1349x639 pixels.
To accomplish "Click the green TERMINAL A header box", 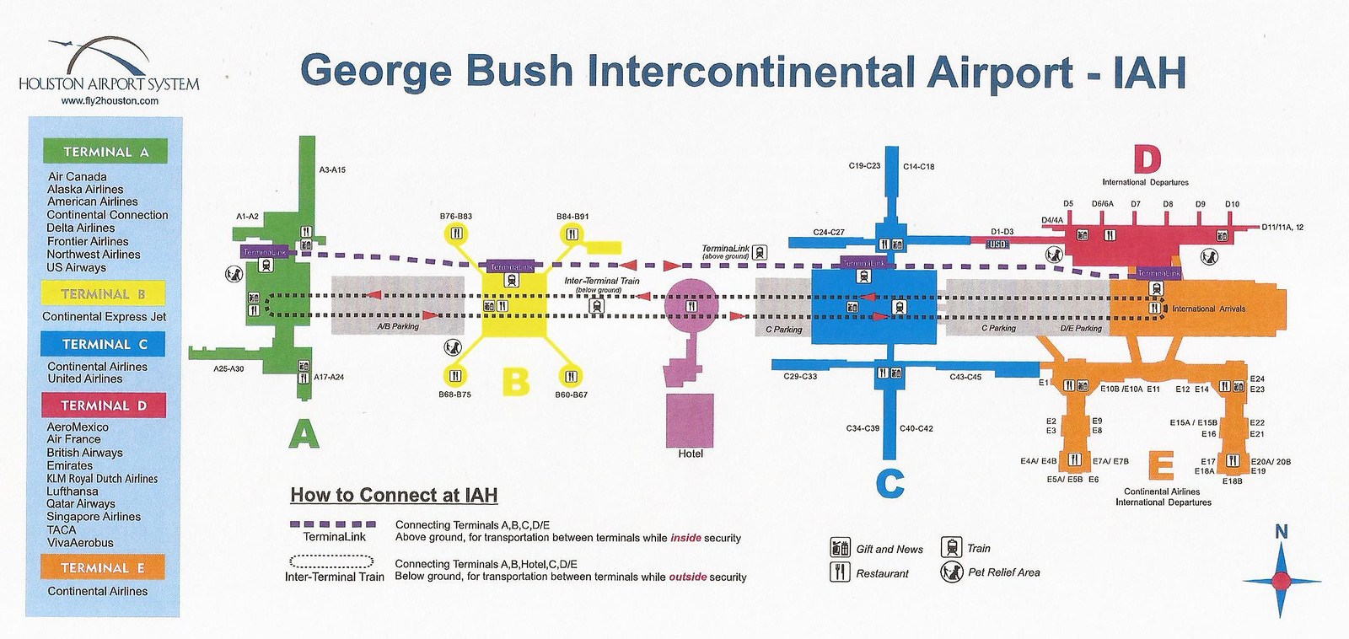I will click(105, 152).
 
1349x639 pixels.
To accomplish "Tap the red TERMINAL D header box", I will click(104, 405).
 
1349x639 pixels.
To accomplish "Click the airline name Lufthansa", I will click(73, 491).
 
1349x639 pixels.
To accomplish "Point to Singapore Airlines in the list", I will click(94, 517).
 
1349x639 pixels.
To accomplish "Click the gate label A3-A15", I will click(332, 169).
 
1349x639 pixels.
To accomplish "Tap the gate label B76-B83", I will click(456, 217).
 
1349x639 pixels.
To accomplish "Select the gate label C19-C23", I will click(864, 166).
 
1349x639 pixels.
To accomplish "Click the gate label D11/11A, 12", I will click(1282, 228).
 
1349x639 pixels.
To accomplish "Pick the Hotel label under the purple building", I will click(691, 454).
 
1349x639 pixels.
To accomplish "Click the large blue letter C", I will click(890, 484).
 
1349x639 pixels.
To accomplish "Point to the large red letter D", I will click(1147, 158).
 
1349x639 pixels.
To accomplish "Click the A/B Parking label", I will click(398, 326).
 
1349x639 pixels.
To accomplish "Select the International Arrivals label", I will click(1208, 309).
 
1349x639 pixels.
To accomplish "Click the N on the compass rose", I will click(1281, 532).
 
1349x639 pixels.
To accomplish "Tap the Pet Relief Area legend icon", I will click(952, 572).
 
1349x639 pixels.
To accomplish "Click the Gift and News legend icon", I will click(840, 548).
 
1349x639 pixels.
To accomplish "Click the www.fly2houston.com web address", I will click(110, 100).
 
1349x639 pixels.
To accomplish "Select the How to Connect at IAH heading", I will click(394, 496).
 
